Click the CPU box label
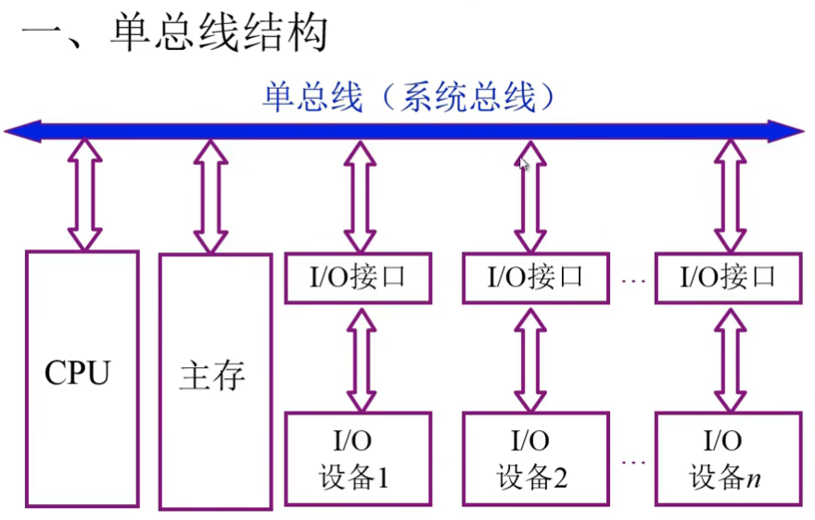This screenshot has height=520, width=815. point(78,374)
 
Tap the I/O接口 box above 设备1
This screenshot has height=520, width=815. point(357,277)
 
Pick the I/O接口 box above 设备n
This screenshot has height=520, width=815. point(728,277)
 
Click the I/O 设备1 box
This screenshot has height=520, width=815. point(357,459)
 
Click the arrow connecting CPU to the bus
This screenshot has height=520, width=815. point(85,196)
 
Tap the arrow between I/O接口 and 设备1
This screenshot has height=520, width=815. point(360,359)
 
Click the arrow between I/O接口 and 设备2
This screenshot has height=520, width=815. point(530,359)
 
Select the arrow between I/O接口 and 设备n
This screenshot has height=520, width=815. point(730,359)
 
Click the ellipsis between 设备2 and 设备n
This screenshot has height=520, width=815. point(633,460)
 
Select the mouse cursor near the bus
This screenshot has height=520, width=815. point(525,164)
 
